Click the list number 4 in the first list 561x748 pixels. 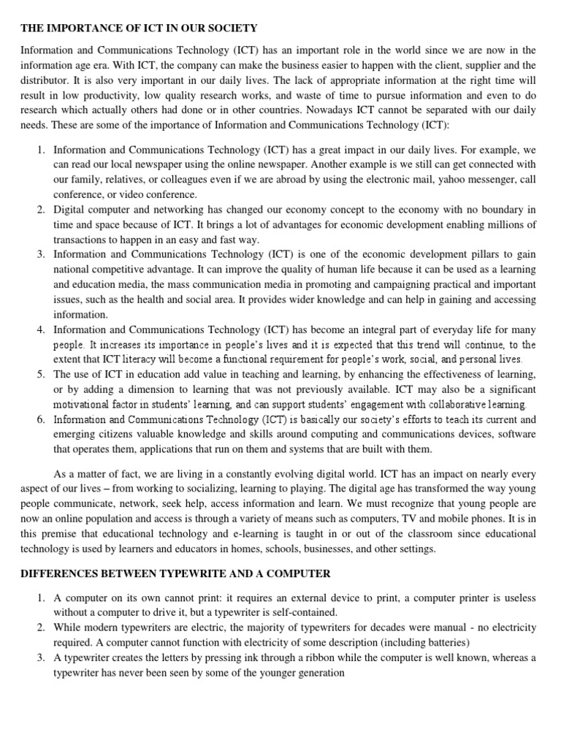[41, 330]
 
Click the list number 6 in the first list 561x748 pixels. [41, 419]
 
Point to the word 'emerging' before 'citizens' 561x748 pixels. [76, 434]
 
